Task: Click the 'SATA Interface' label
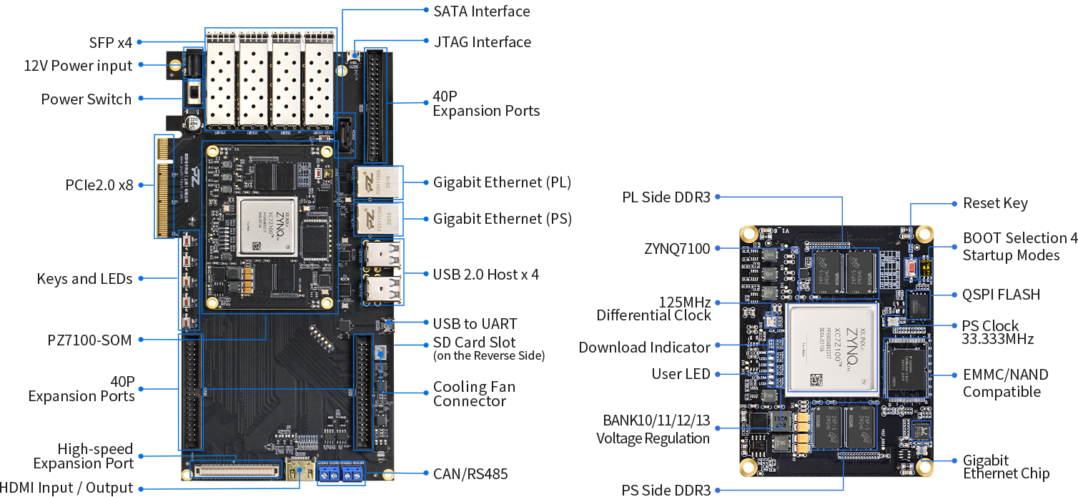(481, 11)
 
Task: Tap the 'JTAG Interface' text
(482, 42)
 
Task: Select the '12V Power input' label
(78, 66)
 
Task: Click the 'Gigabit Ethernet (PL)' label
(502, 182)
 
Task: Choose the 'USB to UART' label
(475, 324)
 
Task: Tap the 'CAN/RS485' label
(470, 473)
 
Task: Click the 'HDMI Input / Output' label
(66, 488)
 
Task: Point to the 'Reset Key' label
(995, 203)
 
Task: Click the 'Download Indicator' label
(644, 348)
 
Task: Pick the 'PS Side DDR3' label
(666, 491)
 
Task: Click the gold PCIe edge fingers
(164, 187)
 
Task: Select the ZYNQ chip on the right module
(831, 349)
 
